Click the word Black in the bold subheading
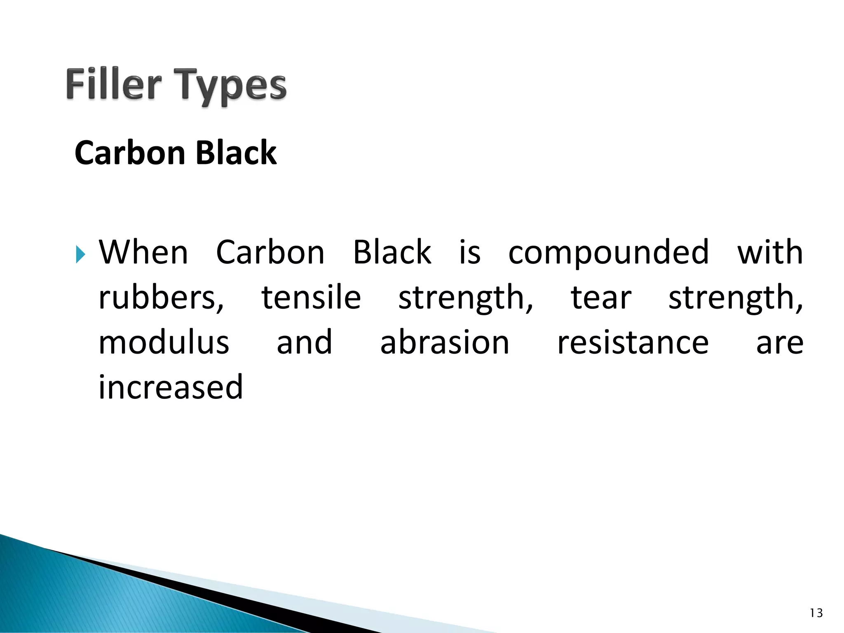[236, 153]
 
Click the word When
[143, 252]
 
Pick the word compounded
[608, 252]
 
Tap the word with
[770, 252]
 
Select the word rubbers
[161, 298]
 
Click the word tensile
[311, 298]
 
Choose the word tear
[601, 298]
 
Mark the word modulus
[164, 342]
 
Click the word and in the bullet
[304, 342]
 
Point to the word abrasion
[445, 342]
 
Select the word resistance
[633, 342]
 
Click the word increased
[171, 387]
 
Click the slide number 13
[816, 614]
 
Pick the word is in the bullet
[470, 252]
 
